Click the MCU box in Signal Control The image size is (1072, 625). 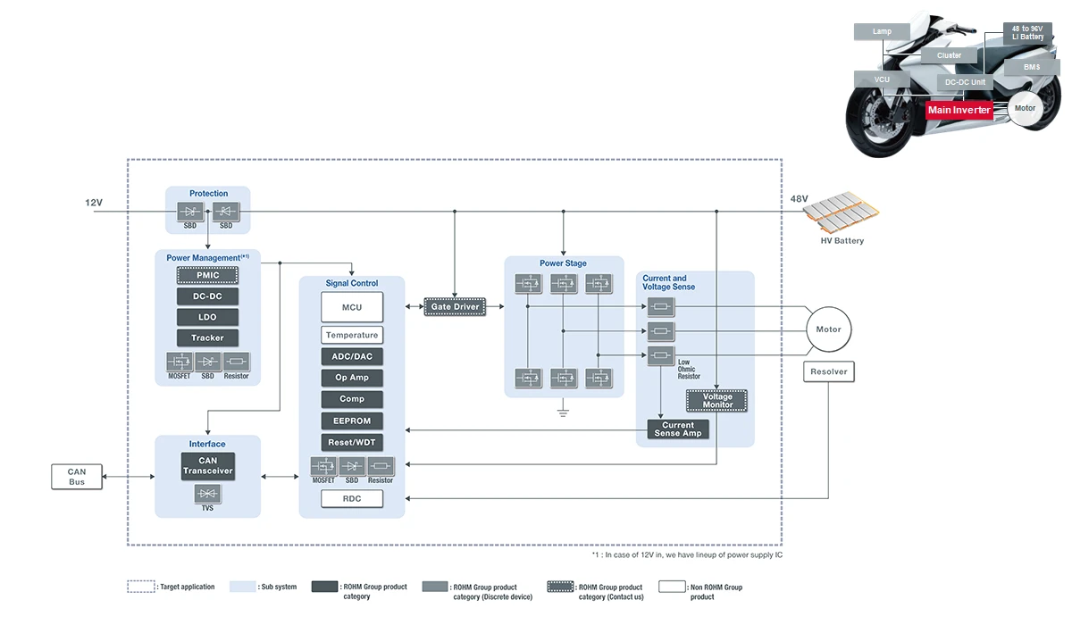click(352, 307)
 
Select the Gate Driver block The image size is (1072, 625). click(455, 306)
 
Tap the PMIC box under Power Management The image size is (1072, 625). click(207, 275)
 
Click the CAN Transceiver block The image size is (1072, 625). click(207, 466)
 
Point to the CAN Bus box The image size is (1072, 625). click(77, 477)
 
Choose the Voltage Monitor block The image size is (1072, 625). click(716, 401)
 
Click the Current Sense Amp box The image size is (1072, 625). click(677, 429)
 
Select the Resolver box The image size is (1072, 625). click(828, 371)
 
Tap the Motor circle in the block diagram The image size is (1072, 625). click(828, 329)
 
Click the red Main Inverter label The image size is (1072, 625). click(959, 110)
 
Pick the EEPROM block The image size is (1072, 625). click(352, 421)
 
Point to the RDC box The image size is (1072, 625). click(352, 498)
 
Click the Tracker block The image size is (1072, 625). click(207, 337)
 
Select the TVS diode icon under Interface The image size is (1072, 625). click(207, 494)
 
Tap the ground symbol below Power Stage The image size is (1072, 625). click(563, 412)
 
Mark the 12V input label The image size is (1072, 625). click(94, 203)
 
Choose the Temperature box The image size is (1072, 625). click(352, 335)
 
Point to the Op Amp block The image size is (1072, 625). click(352, 378)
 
